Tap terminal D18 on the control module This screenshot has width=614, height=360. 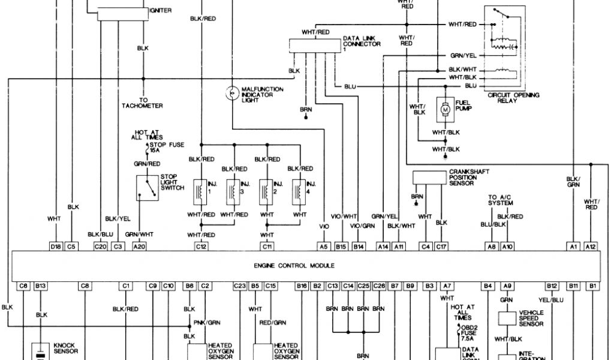pyautogui.click(x=56, y=245)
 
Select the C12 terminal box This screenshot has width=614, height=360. pyautogui.click(x=201, y=245)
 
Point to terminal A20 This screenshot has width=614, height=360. pyautogui.click(x=139, y=245)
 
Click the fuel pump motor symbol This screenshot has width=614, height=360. pyautogui.click(x=446, y=110)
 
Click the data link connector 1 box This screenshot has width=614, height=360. pyautogui.click(x=314, y=45)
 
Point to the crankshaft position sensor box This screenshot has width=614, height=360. pyautogui.click(x=429, y=177)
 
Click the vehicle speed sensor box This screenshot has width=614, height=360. pyautogui.click(x=507, y=319)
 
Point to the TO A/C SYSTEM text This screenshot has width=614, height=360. pyautogui.click(x=501, y=200)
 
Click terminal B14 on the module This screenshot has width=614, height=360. pyautogui.click(x=358, y=245)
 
